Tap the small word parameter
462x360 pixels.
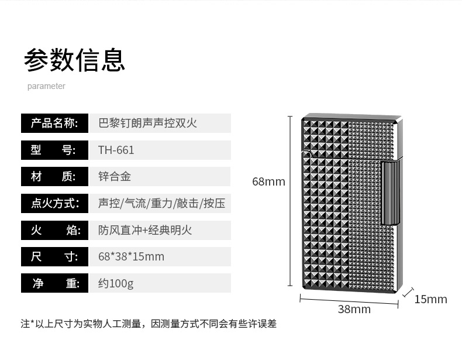(46, 86)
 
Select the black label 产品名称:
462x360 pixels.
(54, 123)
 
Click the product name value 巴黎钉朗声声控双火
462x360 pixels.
(147, 123)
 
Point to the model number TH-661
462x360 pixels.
(116, 150)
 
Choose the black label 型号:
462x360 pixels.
(54, 150)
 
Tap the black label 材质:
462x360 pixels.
(54, 177)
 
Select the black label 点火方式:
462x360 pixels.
(54, 204)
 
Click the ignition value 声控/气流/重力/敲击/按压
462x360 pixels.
(161, 204)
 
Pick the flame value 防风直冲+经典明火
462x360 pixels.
(145, 230)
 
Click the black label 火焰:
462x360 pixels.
(54, 230)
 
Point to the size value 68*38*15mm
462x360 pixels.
(131, 256)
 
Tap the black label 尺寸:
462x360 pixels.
(54, 256)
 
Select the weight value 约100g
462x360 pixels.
(116, 283)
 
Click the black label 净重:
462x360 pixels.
(54, 283)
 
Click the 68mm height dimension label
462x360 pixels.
(268, 181)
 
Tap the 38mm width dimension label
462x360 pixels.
(354, 309)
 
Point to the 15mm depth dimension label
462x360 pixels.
(430, 300)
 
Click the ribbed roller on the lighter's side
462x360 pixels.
(390, 194)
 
